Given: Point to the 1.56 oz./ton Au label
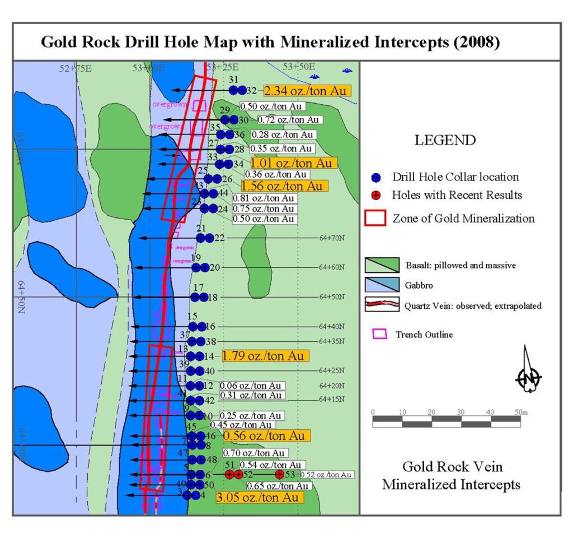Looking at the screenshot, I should [282, 185].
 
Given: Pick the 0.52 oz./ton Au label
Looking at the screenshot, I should [327, 475].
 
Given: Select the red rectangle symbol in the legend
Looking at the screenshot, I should [374, 218].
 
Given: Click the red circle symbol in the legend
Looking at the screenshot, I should [377, 196].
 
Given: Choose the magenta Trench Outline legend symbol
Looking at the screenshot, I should [380, 334].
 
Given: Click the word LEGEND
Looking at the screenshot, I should [445, 140].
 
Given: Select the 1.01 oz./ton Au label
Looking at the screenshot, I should [294, 163].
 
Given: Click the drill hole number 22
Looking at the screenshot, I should [219, 238].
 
